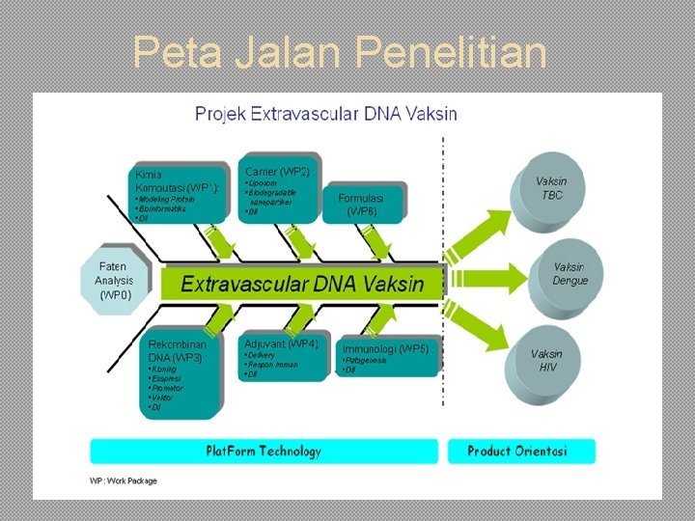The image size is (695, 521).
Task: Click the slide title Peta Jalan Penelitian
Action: click(340, 52)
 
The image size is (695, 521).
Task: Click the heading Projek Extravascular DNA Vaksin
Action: click(326, 114)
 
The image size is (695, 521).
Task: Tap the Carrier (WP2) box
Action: click(279, 188)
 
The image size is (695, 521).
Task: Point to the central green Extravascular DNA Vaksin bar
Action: click(302, 283)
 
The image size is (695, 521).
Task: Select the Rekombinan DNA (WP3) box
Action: click(182, 373)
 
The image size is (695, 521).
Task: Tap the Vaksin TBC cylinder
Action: click(551, 187)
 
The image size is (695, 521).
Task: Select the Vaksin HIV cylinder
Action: click(547, 360)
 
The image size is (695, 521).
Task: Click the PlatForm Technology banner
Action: click(263, 451)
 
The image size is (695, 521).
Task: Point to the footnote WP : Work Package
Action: click(114, 480)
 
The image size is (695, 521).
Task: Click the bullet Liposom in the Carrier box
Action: click(263, 182)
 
